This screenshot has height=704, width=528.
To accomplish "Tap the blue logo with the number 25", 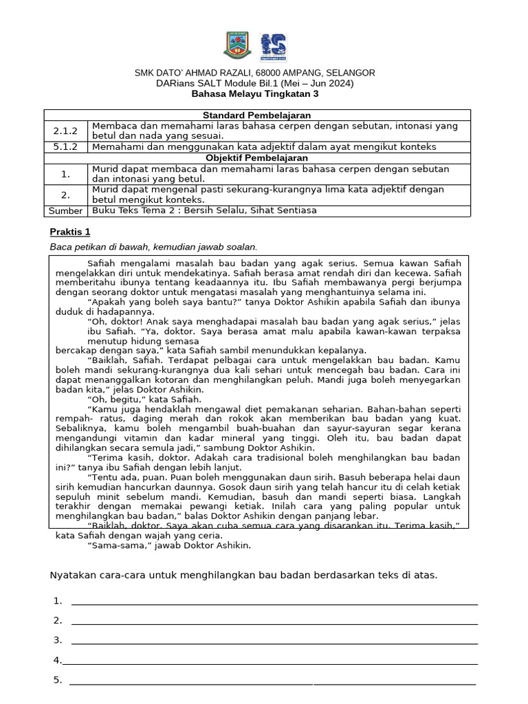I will (x=273, y=46).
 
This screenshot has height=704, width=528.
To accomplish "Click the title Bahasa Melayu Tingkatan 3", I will (x=255, y=93).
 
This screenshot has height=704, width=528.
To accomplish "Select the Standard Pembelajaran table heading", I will (x=257, y=115).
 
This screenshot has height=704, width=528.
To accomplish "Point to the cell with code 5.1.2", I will (x=66, y=146).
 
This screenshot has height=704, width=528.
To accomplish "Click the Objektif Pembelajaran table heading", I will (x=257, y=157).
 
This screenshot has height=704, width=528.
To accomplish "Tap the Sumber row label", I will (x=66, y=210).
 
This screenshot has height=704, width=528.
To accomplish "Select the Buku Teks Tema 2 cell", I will (x=204, y=210).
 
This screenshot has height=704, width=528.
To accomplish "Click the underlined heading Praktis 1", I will (x=70, y=231).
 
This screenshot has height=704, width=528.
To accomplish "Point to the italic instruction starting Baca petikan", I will (x=154, y=247).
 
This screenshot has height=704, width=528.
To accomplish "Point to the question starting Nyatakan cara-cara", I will (x=244, y=575).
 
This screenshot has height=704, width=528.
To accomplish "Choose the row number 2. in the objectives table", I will (x=65, y=195).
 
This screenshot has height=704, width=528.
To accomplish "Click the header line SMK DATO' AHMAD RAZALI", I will (x=255, y=73).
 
